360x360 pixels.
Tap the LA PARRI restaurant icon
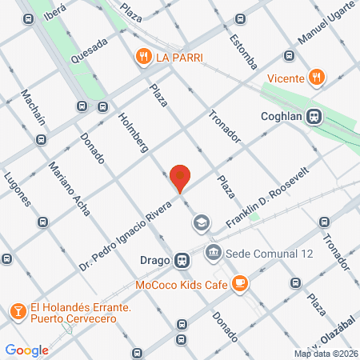[144, 57]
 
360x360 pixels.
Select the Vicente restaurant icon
[317, 78]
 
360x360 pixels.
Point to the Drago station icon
[183, 260]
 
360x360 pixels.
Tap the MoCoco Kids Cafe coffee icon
[238, 282]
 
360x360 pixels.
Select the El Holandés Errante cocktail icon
[17, 309]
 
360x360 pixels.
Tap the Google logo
[27, 350]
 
